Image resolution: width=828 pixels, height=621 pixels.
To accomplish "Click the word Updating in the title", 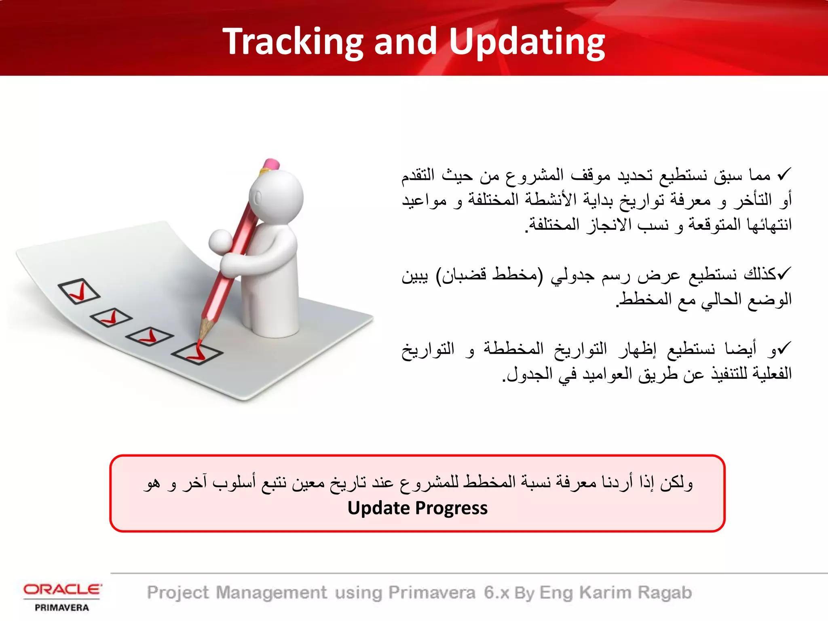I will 526,42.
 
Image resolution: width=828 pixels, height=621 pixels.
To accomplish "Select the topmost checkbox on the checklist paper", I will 79,291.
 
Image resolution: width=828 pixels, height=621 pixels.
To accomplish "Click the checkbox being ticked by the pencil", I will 197,354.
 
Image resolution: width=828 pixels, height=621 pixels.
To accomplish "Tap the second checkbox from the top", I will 110,317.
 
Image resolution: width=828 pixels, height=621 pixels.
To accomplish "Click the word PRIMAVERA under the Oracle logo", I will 62,608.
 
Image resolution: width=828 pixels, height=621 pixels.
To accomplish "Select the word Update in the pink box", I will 379,508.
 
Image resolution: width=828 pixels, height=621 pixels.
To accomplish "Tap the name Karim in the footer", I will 605,593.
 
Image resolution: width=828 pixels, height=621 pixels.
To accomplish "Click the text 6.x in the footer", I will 496,593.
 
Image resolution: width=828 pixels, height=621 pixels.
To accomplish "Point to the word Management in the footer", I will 271,593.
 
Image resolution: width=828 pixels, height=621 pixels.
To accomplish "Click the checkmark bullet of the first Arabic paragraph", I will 784,175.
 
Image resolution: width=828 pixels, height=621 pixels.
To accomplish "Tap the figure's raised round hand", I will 220,241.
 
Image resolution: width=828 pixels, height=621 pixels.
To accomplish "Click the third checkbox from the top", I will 149,336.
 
